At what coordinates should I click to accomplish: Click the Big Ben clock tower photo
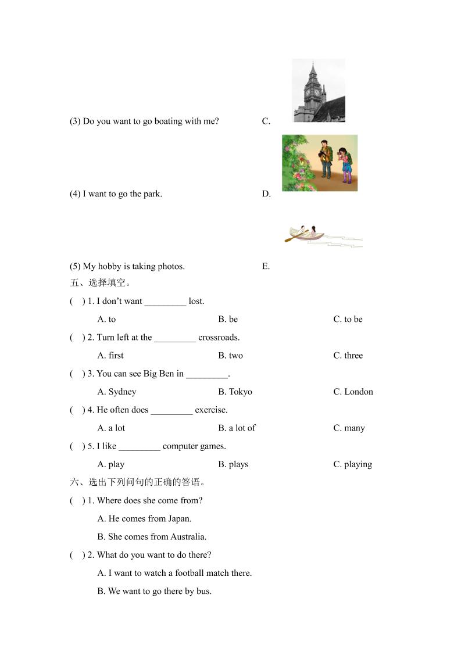319,90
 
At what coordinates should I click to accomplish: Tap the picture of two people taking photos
320,163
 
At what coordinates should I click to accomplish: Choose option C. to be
348,320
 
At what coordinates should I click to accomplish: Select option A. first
110,356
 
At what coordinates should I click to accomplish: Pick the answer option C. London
353,392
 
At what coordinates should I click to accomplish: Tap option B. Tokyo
235,392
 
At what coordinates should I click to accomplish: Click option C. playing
352,464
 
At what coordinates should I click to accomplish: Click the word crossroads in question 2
219,338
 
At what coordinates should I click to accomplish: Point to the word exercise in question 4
211,410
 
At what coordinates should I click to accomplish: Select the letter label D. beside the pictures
266,194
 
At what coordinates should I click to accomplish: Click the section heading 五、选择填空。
100,283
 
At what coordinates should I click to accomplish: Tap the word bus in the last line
204,592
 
